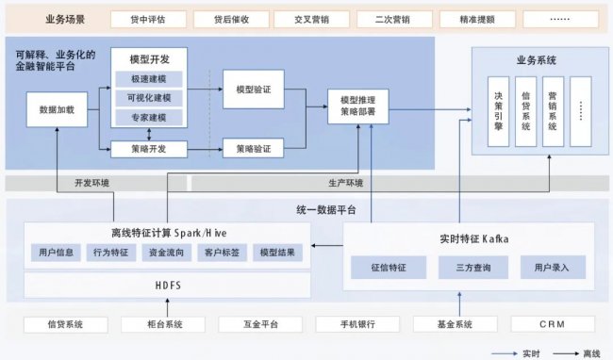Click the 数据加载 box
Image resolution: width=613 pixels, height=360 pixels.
[x=58, y=110]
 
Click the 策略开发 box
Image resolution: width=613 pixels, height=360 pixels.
[x=148, y=148]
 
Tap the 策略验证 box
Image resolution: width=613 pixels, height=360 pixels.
[x=254, y=148]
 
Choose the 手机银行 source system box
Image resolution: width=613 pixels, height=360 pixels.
[x=358, y=325]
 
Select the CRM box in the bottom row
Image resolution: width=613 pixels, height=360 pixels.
[x=553, y=325]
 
